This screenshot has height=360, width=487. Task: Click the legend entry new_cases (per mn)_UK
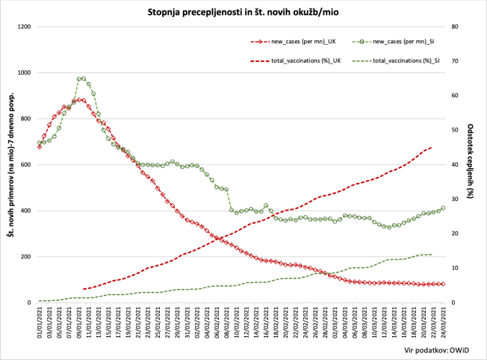pos(303,43)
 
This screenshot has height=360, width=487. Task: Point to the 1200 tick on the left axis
pos(23,27)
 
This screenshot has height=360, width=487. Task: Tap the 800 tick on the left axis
pos(25,119)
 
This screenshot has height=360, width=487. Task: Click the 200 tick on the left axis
pos(25,257)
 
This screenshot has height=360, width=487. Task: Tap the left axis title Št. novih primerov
pos(10,165)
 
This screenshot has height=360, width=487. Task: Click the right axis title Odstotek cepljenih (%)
pos(471,164)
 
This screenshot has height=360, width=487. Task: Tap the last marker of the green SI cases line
pos(443,208)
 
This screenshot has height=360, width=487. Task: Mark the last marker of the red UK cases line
pos(443,284)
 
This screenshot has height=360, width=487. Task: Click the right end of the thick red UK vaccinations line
pos(431,147)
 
